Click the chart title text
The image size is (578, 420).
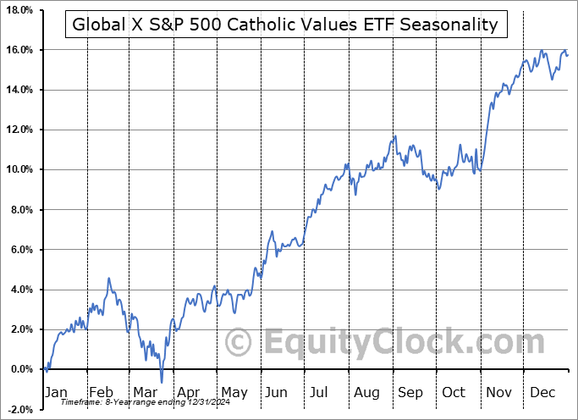tap(285, 24)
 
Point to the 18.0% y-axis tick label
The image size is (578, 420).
tap(18, 10)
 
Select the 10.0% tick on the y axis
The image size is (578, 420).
tap(18, 169)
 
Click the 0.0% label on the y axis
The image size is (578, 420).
tap(20, 369)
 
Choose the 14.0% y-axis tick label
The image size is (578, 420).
tap(18, 90)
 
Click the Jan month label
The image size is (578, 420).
tap(55, 392)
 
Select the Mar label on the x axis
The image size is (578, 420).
tap(143, 392)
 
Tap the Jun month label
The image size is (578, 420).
tap(274, 392)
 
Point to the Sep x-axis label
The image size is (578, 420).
tap(410, 392)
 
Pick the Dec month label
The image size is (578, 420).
tap(543, 392)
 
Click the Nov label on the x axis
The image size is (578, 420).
tap(498, 392)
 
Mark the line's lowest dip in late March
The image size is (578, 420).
tap(161, 382)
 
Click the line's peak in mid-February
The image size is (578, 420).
tap(108, 279)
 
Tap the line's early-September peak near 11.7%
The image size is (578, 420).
tap(394, 137)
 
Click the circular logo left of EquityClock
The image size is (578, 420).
tap(239, 343)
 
